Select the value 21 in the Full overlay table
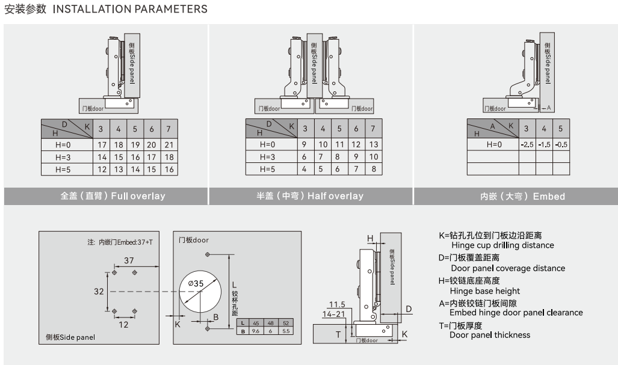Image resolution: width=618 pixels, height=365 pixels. click(168, 145)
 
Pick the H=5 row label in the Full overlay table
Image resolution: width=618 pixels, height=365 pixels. click(63, 170)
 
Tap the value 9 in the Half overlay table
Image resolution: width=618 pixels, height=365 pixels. click(304, 145)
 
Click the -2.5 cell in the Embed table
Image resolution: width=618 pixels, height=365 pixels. click(527, 145)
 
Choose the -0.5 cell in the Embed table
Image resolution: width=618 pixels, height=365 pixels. click(561, 145)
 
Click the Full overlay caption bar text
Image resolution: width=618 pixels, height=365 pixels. click(113, 196)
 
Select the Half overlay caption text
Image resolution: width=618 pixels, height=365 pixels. click(310, 196)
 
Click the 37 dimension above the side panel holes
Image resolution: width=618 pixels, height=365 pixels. click(129, 260)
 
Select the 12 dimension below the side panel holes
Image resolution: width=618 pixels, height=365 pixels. click(123, 325)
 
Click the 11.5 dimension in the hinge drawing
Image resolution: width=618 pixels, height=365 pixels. click(337, 304)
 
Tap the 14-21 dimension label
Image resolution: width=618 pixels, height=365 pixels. click(333, 314)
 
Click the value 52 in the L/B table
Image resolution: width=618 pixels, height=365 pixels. click(286, 324)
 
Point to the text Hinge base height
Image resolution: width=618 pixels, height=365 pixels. click(485, 291)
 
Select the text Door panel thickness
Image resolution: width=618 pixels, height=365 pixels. click(490, 335)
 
